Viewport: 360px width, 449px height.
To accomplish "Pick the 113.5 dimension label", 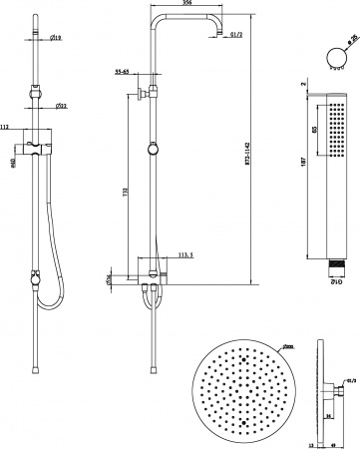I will pyautogui.click(x=183, y=254).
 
